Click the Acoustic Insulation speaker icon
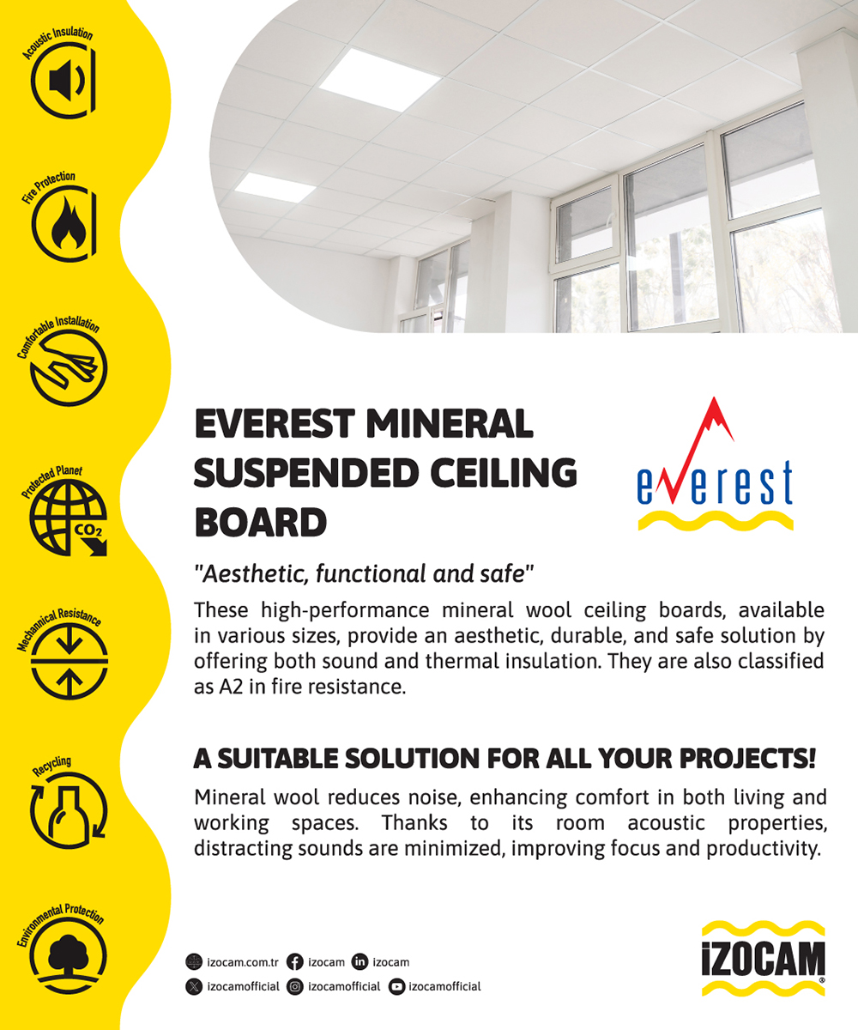point(64,80)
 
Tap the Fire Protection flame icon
point(64,224)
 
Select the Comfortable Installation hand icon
point(69,368)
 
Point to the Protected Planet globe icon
point(69,518)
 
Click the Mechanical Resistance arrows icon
point(69,662)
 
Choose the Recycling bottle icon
point(69,810)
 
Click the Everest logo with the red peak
point(715,463)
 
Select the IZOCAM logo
point(764,960)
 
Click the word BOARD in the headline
point(261,523)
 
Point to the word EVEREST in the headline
point(275,424)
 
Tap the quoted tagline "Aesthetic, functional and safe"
point(364,573)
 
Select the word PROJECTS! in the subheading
point(747,758)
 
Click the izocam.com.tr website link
point(243,962)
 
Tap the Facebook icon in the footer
point(295,962)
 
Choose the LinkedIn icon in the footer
point(360,961)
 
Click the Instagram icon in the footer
point(295,986)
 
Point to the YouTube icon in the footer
point(396,986)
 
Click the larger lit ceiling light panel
point(380,80)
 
